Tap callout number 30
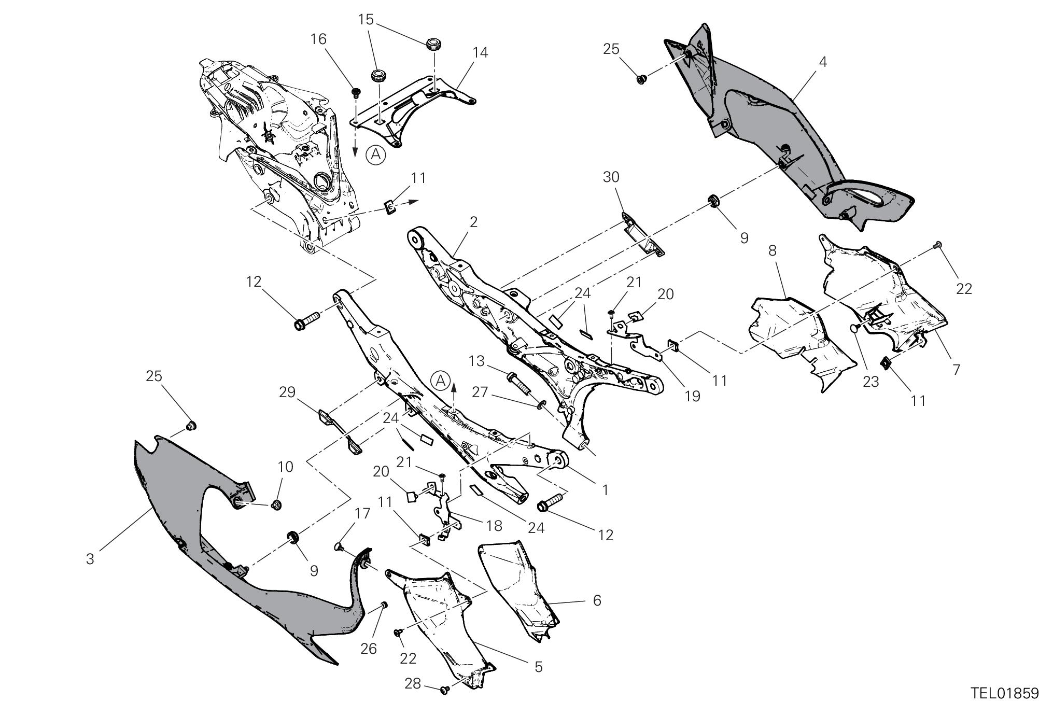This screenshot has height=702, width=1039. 611,177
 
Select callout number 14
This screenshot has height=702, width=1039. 480,53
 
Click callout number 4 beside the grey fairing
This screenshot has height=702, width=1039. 823,62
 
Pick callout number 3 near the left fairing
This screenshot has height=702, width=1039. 90,559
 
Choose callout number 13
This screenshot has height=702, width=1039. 478,361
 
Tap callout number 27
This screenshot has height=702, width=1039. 480,392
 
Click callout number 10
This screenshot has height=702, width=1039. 285,467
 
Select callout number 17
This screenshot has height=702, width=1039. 362,514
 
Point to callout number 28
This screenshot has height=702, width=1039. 413,684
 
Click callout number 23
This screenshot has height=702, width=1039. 870,382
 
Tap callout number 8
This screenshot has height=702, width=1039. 772,251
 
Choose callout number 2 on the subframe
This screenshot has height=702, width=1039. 472,222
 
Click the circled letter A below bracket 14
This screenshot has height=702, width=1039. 376,155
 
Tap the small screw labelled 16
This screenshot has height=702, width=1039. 356,93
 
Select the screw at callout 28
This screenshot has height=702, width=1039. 444,690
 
